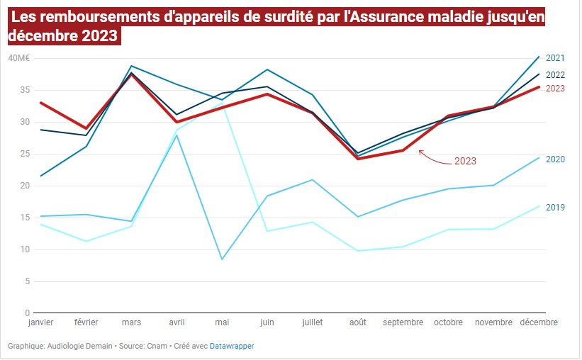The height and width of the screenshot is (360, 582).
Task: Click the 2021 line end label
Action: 555,58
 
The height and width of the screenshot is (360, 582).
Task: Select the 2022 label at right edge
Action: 555,74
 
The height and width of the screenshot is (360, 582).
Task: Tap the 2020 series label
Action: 555,159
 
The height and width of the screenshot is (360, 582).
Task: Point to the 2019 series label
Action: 555,208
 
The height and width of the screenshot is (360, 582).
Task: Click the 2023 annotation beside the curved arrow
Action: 465,161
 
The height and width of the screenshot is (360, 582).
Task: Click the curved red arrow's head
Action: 420,151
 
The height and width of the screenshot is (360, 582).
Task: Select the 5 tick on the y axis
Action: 27,281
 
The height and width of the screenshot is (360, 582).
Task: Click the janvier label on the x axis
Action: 40,322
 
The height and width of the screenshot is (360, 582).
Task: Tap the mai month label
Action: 222,322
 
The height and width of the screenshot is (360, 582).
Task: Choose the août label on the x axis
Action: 358,322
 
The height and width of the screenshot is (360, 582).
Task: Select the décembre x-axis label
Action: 539,322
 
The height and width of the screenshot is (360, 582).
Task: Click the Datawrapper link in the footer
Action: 232,347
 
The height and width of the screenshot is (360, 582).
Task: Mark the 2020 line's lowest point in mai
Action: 222,259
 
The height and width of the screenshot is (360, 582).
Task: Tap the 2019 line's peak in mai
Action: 222,104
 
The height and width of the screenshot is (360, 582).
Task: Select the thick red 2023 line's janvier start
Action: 40,103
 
